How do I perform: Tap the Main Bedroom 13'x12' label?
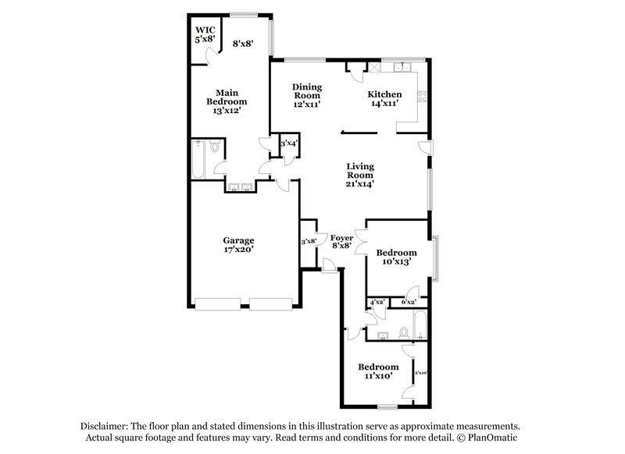(x=227, y=101)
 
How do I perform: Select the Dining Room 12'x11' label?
(x=307, y=95)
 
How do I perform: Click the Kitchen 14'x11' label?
(x=384, y=98)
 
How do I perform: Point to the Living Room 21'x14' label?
(x=361, y=176)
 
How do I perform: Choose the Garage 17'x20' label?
(x=238, y=245)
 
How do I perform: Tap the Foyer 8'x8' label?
(x=341, y=241)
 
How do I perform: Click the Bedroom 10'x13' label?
(x=396, y=257)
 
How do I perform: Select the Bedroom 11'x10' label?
(x=378, y=371)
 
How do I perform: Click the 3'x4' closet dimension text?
(x=289, y=144)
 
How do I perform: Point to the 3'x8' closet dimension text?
(x=309, y=241)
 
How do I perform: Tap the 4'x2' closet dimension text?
(x=378, y=302)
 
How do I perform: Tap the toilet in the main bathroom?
(x=213, y=146)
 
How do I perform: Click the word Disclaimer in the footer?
(x=105, y=427)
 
